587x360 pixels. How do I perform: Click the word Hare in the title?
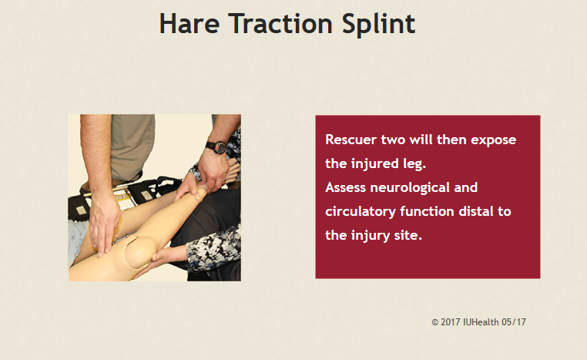click(190, 24)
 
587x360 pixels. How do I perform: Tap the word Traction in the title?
click(280, 24)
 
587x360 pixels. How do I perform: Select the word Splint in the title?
click(378, 25)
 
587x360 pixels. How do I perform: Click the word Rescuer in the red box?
click(351, 140)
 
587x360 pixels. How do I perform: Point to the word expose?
click(494, 140)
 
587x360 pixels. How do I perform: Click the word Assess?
click(345, 187)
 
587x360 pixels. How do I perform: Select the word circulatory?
click(361, 212)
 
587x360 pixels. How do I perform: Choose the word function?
click(427, 211)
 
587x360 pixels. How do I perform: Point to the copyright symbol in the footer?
click(435, 322)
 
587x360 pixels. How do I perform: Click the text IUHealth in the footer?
click(481, 321)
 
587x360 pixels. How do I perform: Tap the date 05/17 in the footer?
click(514, 321)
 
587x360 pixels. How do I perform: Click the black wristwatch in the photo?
click(216, 146)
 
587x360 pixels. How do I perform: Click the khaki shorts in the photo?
click(132, 146)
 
